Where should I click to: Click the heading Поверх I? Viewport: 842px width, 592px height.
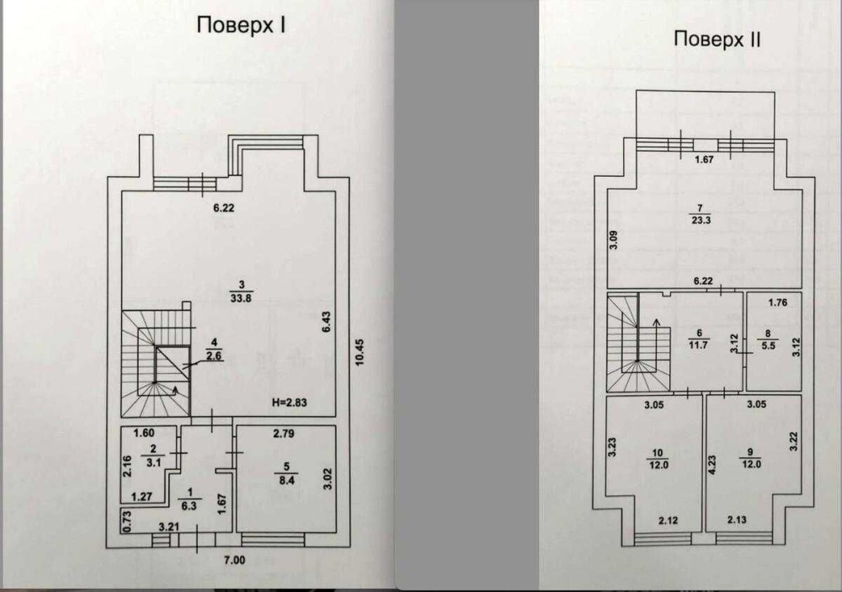click(241, 26)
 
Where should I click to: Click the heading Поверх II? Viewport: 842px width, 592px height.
click(717, 40)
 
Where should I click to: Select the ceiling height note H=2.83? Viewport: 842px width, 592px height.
click(290, 402)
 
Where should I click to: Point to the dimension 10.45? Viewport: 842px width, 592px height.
click(360, 352)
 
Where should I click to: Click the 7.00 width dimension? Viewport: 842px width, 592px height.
click(234, 560)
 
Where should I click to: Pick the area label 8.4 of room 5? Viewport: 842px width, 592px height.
click(287, 480)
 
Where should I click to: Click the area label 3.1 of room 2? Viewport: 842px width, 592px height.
click(153, 462)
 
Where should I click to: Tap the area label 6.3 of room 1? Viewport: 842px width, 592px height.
click(189, 505)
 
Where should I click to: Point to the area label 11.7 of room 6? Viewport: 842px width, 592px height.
click(699, 345)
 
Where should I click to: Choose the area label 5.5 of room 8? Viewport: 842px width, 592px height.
click(769, 346)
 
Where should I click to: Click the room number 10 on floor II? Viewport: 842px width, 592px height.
click(658, 453)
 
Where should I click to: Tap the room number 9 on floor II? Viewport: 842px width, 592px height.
click(751, 452)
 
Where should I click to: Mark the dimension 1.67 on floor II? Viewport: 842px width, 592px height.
click(704, 159)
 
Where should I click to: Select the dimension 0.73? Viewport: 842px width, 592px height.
click(127, 521)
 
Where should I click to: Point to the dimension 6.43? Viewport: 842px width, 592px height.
click(327, 322)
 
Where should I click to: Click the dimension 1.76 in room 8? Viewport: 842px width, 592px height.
click(777, 302)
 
